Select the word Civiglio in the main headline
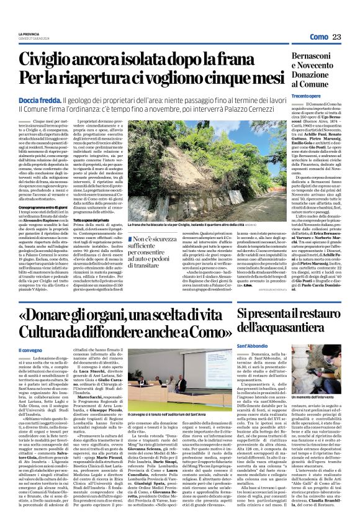[x=48, y=60]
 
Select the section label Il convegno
[x=30, y=351]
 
